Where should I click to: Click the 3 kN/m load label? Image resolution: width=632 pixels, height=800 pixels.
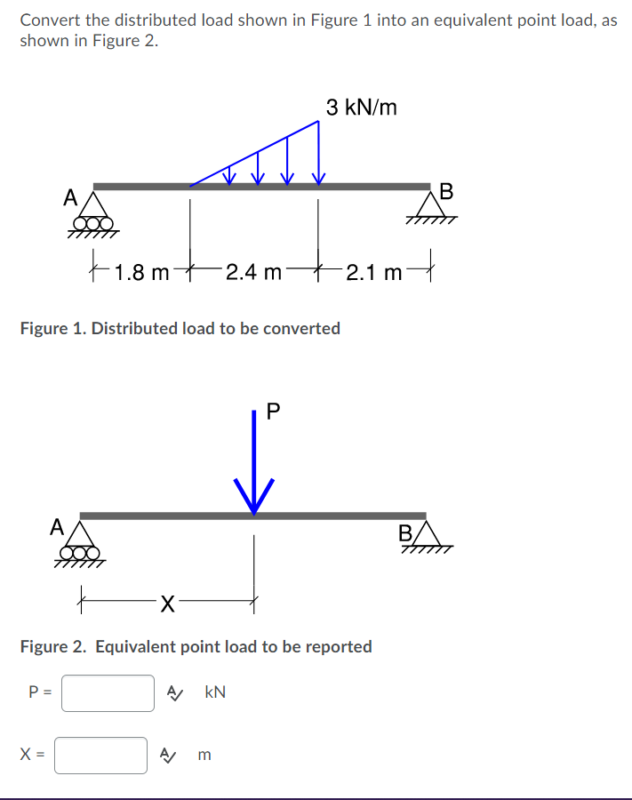click(361, 108)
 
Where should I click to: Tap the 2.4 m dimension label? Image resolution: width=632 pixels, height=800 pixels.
click(253, 272)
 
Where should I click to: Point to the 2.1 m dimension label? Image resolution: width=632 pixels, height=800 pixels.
click(374, 272)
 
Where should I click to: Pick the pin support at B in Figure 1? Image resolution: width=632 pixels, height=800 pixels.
click(431, 210)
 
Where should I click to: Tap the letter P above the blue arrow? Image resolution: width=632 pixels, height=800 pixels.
click(273, 411)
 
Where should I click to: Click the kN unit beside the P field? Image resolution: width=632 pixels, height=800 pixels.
click(215, 692)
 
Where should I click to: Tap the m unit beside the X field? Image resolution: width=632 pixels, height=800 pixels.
click(205, 755)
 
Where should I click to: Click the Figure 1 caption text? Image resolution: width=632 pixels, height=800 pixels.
click(180, 328)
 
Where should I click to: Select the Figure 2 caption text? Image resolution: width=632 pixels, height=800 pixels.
click(196, 646)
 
